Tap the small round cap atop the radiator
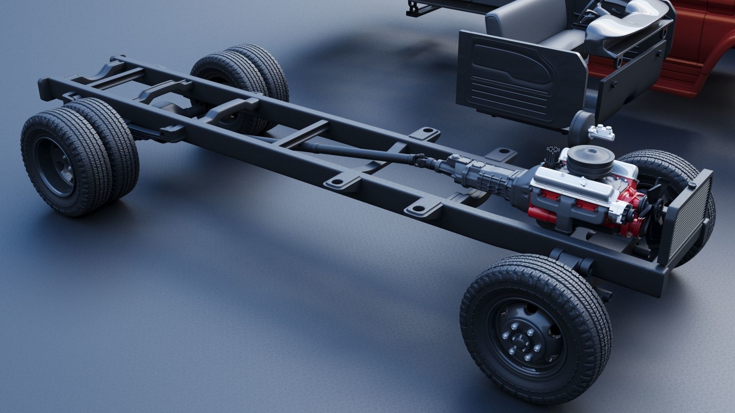[x=692, y=185]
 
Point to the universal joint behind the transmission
[x=423, y=163]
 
